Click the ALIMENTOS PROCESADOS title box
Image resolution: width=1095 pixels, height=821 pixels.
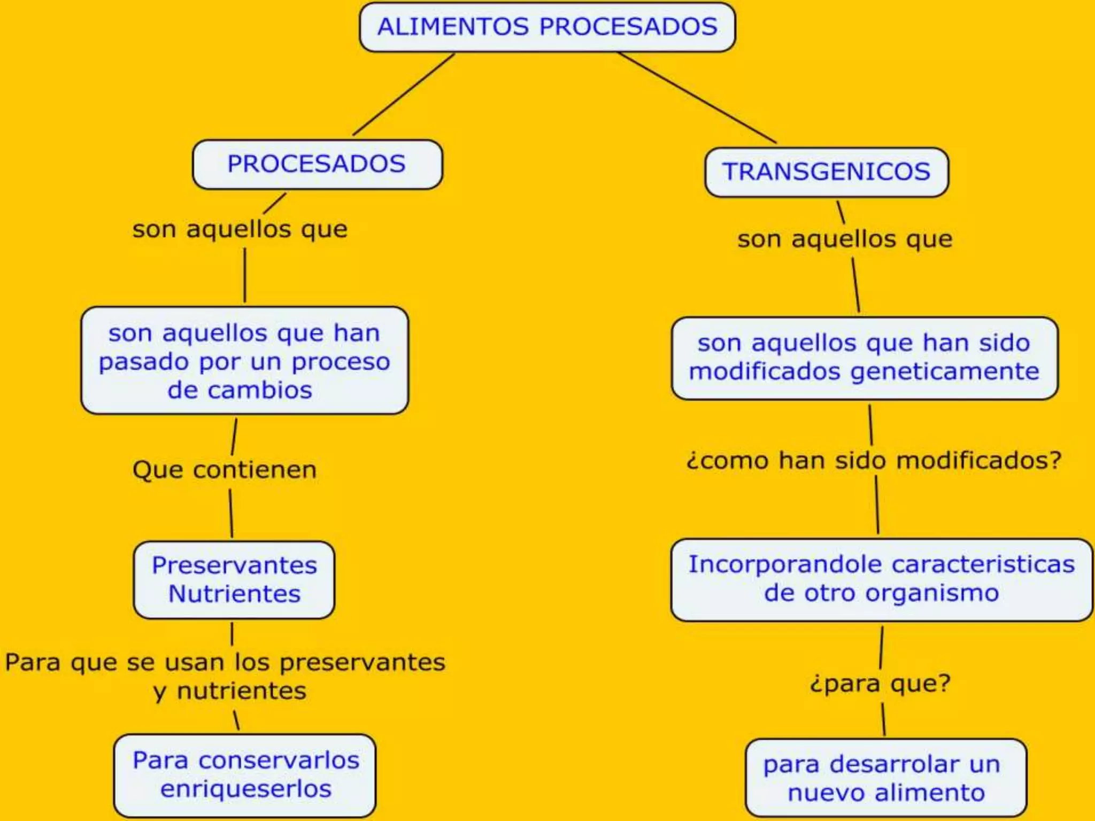tap(547, 27)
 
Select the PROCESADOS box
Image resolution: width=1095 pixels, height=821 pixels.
tap(317, 164)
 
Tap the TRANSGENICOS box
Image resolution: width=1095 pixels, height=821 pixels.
tap(827, 172)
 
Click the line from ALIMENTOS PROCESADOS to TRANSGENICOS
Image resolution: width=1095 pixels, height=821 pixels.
tap(696, 97)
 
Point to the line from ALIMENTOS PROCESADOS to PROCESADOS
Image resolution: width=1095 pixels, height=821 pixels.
tap(404, 94)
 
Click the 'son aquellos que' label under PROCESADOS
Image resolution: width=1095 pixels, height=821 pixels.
tap(240, 230)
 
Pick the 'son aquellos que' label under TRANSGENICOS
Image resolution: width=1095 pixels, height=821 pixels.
tap(845, 239)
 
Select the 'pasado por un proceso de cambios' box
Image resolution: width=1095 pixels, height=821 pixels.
tap(244, 361)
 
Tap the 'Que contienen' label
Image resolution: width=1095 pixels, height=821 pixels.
tap(225, 470)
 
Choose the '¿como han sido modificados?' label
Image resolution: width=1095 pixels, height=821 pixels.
tap(874, 461)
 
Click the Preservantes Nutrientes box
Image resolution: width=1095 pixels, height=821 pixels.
tap(234, 580)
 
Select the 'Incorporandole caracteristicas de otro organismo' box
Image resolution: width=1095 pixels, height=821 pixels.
tap(881, 579)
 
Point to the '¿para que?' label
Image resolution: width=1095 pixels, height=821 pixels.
tap(880, 684)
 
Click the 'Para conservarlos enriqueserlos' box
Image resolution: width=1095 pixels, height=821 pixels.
tap(245, 775)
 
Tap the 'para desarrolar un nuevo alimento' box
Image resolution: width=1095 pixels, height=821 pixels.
tap(885, 779)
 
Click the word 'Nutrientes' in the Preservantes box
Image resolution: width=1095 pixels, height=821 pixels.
tap(235, 594)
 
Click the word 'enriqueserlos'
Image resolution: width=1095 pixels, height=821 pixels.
tap(246, 789)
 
